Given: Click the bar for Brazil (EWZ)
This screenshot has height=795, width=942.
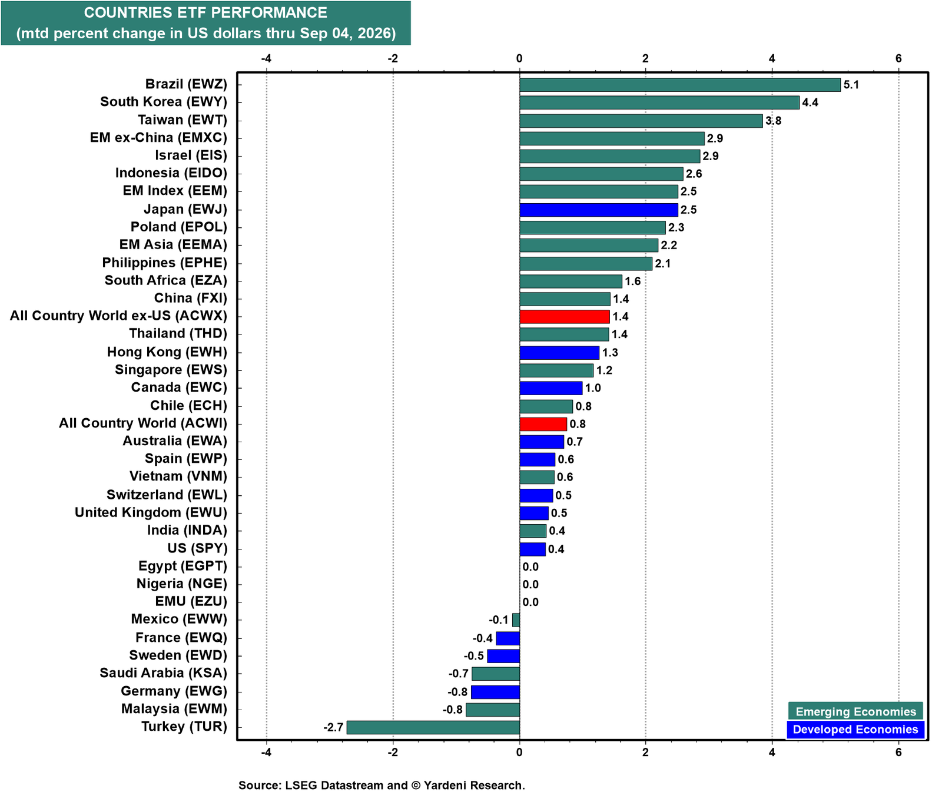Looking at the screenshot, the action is point(680,85).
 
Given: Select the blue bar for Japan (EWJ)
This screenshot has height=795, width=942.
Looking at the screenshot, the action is point(599,210).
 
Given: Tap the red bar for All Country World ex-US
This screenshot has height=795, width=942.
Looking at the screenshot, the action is point(565,317).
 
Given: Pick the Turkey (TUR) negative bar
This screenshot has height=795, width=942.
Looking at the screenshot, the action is point(433,727).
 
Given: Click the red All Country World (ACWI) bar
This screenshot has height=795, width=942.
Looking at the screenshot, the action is point(543,424).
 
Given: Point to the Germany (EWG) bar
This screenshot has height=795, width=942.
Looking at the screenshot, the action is point(495,692).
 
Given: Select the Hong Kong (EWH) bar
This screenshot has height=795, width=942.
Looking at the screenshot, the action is point(559,353).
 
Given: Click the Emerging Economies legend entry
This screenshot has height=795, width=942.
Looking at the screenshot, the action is point(855,711).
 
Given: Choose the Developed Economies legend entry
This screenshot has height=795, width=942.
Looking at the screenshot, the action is point(855,730).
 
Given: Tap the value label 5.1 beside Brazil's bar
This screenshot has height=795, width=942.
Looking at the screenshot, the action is point(851,85).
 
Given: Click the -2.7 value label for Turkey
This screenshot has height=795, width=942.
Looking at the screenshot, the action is point(333,727).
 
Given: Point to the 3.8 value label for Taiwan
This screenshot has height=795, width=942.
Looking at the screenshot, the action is point(773,121).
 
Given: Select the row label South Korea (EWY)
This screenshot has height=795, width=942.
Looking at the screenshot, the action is point(164,102).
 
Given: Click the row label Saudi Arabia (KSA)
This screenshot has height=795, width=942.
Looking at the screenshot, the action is point(163,673).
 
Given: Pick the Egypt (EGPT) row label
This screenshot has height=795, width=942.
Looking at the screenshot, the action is point(183,566).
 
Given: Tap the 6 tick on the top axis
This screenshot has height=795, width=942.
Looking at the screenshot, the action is point(898,58).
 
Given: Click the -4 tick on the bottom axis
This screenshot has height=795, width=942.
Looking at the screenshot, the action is point(266,752).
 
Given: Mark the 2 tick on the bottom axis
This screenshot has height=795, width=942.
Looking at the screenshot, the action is point(646,752).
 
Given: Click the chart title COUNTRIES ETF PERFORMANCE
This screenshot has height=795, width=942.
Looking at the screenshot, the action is point(205,12).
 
